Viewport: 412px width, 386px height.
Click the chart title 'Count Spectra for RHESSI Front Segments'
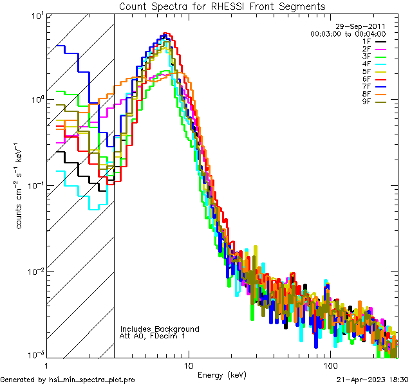pos(222,6)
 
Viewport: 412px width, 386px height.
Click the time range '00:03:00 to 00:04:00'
pos(348,33)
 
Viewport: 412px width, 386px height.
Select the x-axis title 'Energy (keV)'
pos(221,375)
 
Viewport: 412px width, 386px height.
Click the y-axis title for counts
pos(21,186)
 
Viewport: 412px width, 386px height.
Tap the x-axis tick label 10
pos(189,365)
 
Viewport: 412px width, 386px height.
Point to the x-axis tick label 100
pos(330,365)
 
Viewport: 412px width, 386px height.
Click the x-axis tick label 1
pos(46,365)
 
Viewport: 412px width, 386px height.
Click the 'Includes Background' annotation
pos(160,329)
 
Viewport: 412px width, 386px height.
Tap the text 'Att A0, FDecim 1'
pos(153,336)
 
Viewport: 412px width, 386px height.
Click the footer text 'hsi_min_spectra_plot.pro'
pos(92,380)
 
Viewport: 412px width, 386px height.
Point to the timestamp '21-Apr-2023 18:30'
pos(372,380)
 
